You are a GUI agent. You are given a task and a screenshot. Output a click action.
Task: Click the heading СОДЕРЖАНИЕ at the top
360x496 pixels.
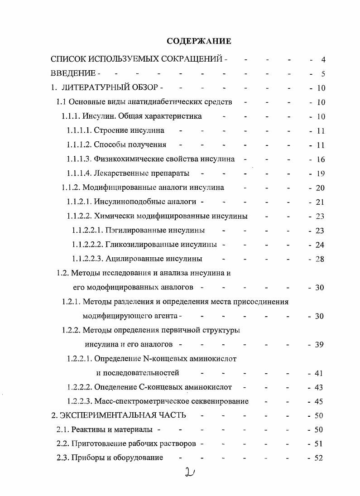click(x=199, y=41)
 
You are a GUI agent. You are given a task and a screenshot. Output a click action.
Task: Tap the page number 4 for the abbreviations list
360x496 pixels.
click(x=323, y=59)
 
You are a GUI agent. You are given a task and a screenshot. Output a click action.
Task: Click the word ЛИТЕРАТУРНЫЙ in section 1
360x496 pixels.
click(x=96, y=88)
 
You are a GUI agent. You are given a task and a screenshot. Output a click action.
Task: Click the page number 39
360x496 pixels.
click(x=319, y=345)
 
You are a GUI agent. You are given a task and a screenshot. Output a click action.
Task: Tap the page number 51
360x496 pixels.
click(x=318, y=444)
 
